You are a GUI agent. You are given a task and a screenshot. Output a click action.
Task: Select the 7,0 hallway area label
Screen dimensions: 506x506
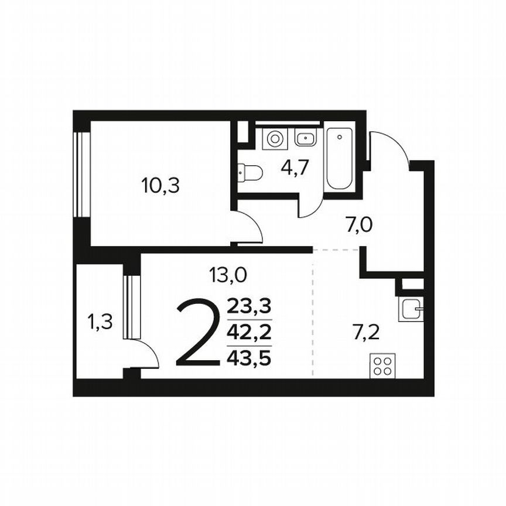359,224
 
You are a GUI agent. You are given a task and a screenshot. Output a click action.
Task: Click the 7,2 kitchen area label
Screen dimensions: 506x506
366,333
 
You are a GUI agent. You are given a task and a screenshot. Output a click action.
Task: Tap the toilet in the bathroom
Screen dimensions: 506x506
249,172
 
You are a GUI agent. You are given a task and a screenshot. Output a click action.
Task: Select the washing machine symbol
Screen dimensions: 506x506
273,139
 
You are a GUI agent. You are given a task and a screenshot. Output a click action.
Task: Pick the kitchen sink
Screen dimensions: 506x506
411,309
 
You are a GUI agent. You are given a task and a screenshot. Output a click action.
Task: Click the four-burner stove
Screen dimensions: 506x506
382,366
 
